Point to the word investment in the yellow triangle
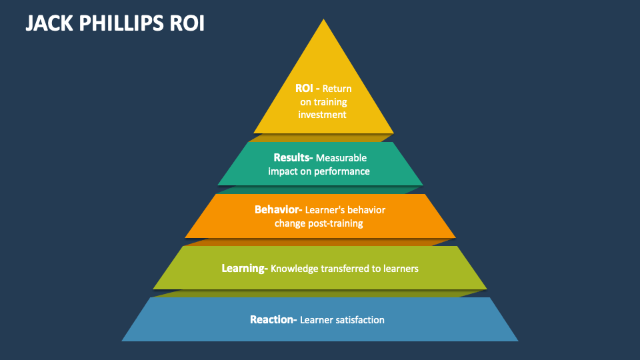pyautogui.click(x=323, y=114)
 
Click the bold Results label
pyautogui.click(x=293, y=158)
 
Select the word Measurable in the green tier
pyautogui.click(x=341, y=158)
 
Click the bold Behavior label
pyautogui.click(x=278, y=209)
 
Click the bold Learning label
pyautogui.click(x=244, y=268)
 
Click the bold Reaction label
pyautogui.click(x=273, y=319)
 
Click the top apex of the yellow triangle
pyautogui.click(x=324, y=20)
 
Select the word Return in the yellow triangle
pyautogui.click(x=337, y=88)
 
